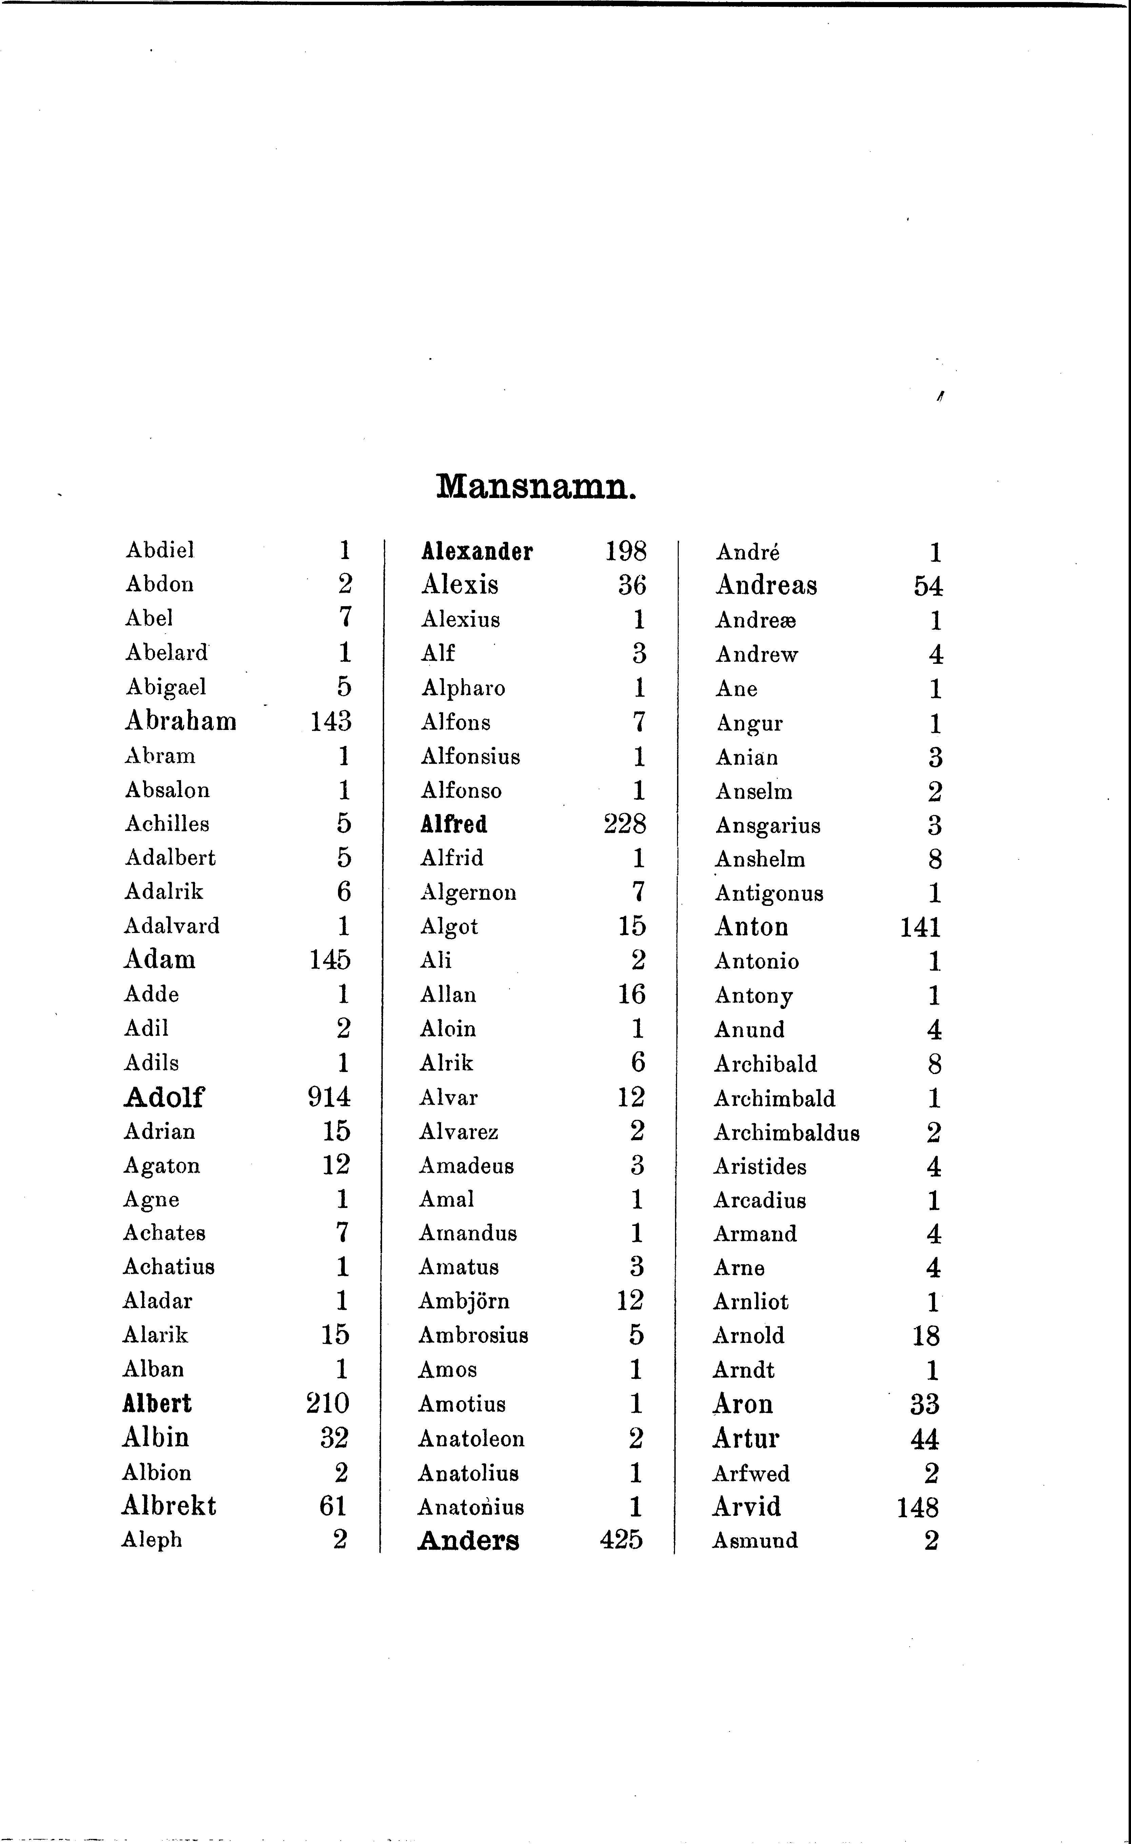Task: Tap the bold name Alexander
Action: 477,552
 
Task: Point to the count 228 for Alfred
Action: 624,824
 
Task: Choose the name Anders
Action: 468,1540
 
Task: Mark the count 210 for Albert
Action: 327,1403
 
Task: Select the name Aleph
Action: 152,1540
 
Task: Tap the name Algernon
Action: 468,892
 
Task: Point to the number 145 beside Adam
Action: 329,959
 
